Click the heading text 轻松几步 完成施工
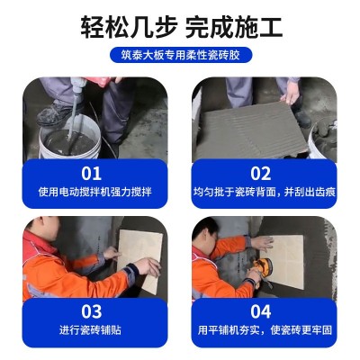pyautogui.click(x=180, y=25)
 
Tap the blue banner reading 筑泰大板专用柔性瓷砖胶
pyautogui.click(x=180, y=56)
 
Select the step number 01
pyautogui.click(x=92, y=173)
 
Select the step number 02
pyautogui.click(x=261, y=173)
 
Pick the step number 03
pyautogui.click(x=92, y=311)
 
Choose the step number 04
pyautogui.click(x=261, y=311)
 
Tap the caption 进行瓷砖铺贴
pyautogui.click(x=93, y=330)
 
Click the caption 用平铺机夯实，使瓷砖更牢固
pyautogui.click(x=262, y=330)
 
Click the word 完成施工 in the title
pyautogui.click(x=237, y=25)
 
